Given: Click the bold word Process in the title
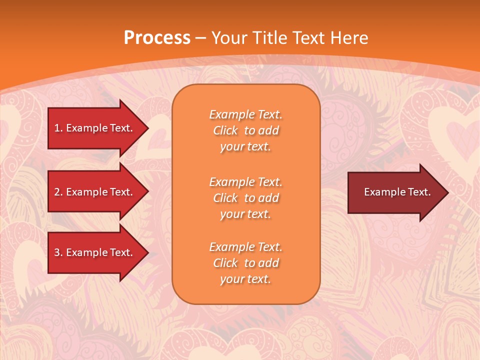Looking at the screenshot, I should (157, 37).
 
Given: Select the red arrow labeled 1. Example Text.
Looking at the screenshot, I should (95, 128).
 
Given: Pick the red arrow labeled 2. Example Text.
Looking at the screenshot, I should (95, 192).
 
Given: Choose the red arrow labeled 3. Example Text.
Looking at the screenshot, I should (95, 252).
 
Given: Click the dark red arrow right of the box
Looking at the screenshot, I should (395, 192).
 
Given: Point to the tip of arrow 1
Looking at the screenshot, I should (146, 128).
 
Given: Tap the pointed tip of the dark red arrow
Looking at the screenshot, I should (446, 192).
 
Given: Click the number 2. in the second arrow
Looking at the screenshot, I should (58, 192).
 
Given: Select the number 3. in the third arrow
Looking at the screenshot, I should (58, 252).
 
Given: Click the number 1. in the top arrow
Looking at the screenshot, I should (58, 128).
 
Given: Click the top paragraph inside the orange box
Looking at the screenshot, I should (245, 130).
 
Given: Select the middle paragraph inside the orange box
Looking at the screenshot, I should (245, 198).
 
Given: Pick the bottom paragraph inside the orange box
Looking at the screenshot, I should (245, 263).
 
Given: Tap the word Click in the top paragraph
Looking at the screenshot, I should (225, 130).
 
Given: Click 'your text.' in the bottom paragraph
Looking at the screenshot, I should (245, 279).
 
